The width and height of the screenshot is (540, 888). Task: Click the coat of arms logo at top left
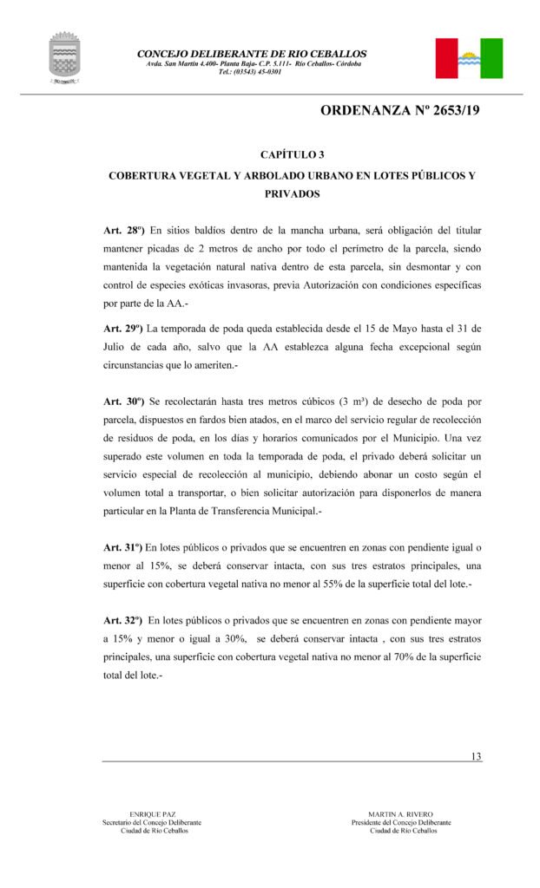point(64,58)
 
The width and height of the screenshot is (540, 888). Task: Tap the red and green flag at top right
point(469,58)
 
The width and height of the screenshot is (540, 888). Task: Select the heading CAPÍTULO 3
point(293,155)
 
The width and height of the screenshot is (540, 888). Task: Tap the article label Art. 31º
point(122,548)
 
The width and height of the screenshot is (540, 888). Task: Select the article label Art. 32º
point(122,621)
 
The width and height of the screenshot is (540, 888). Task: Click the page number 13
point(476,756)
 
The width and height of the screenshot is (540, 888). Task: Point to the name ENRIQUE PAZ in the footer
point(152,814)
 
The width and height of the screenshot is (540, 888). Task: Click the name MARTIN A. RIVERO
point(401,814)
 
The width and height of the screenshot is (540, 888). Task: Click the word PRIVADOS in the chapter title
point(293,195)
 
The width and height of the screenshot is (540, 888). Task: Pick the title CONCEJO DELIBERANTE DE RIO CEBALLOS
point(252,54)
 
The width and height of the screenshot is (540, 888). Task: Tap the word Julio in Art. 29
point(117,347)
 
